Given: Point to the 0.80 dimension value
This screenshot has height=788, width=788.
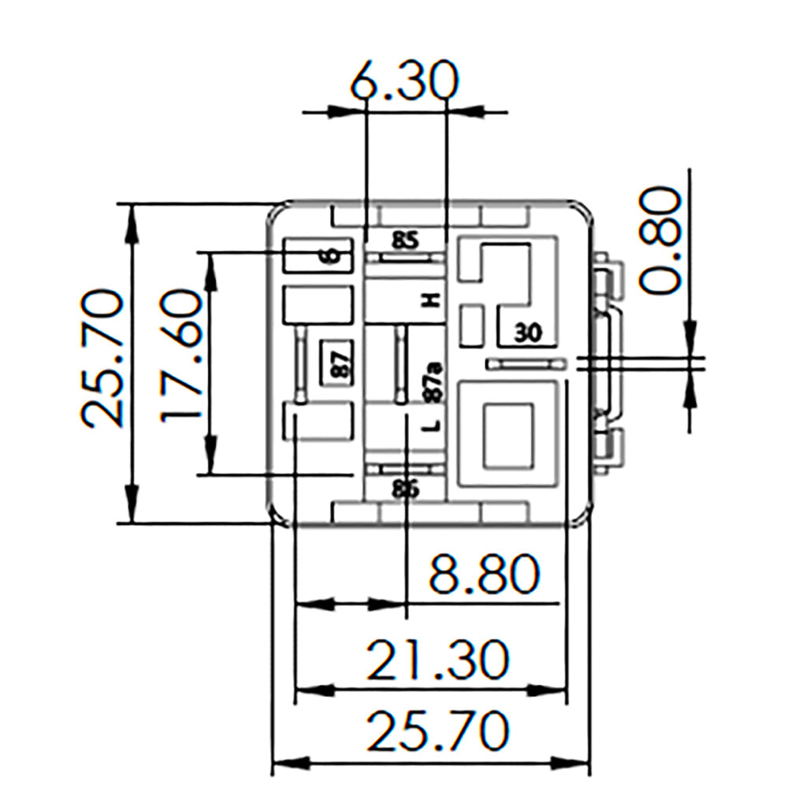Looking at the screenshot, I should coord(659,240).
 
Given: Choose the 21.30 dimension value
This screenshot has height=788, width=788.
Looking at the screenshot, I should coord(438,660).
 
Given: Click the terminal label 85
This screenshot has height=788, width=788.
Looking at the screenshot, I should coord(405,240).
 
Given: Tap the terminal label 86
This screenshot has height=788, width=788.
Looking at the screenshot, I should coord(405,489).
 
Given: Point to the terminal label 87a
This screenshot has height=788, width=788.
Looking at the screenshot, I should coord(431,382).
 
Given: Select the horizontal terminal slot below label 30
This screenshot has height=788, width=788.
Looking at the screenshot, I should coord(526,364).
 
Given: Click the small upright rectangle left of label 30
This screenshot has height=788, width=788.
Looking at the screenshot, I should coord(472,325).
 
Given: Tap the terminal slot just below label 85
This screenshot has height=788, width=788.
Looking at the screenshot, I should coord(405,257).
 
